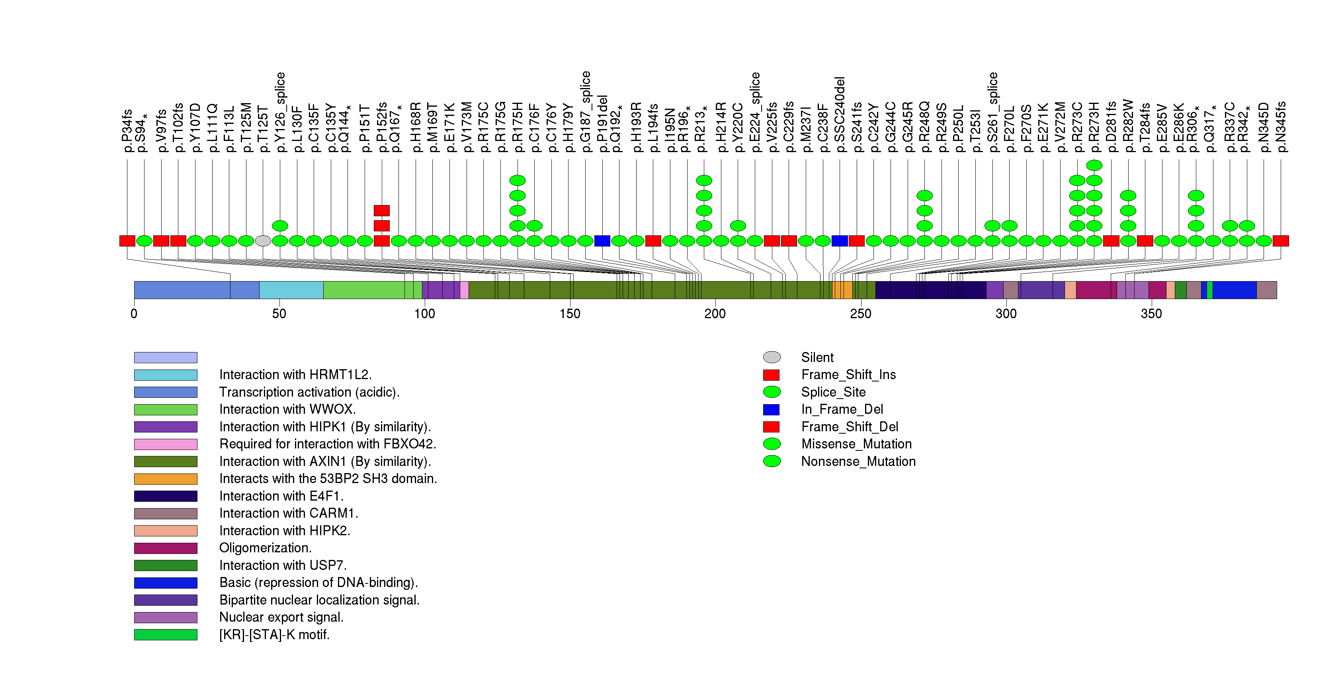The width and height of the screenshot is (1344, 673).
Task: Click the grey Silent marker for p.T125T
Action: (263, 241)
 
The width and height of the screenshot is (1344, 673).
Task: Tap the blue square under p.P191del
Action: (602, 241)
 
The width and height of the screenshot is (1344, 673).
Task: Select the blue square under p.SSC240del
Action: (840, 241)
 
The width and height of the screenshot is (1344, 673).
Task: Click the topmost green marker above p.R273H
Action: (1094, 165)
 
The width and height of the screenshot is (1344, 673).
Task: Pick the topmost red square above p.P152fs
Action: (381, 211)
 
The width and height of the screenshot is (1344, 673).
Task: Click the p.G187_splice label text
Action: (585, 111)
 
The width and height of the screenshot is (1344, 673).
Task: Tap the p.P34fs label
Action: (127, 131)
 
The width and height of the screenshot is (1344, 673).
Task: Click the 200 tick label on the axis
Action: (715, 313)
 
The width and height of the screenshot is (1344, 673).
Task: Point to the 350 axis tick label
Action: (1151, 313)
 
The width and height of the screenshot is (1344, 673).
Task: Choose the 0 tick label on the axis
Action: (134, 313)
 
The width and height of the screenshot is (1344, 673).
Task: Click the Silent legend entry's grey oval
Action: (772, 357)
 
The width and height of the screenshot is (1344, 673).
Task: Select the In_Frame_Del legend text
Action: (842, 409)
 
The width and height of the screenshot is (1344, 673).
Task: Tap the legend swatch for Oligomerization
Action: (165, 548)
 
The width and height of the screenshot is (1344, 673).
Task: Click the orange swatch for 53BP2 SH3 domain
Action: (165, 478)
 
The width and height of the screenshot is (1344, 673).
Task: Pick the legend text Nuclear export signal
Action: (281, 617)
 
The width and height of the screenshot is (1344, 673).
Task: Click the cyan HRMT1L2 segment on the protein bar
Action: (291, 290)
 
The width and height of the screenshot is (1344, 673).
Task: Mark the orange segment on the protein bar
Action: (843, 290)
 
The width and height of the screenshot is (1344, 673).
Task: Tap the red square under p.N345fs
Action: (1280, 241)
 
